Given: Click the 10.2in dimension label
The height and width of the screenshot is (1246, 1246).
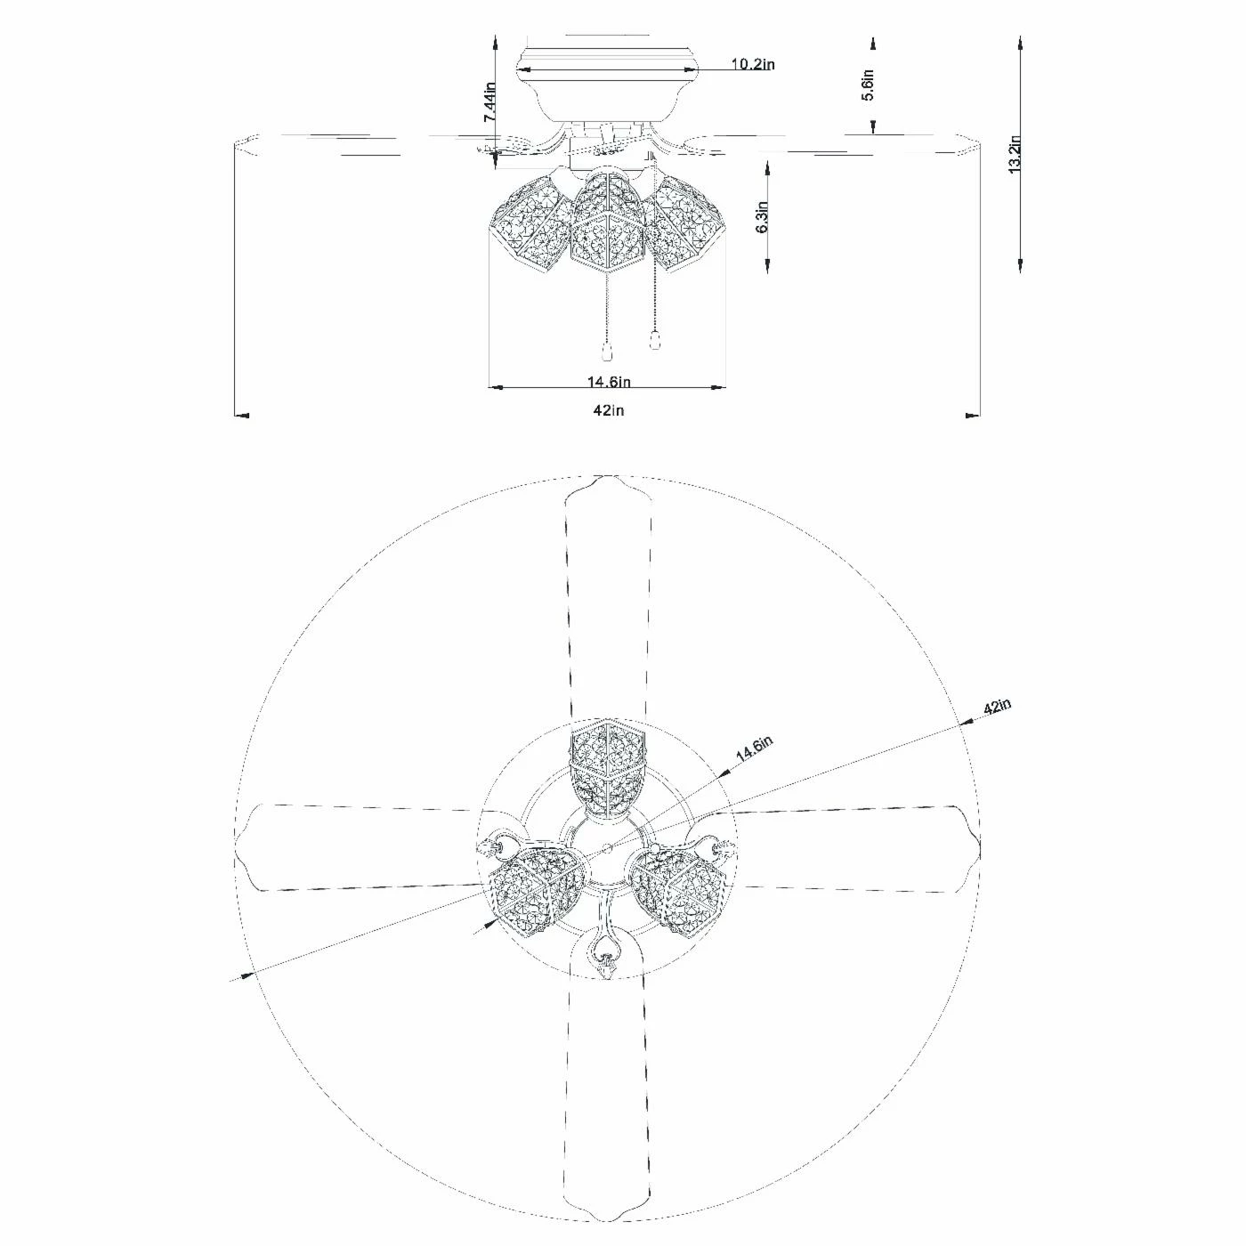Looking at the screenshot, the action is [753, 64].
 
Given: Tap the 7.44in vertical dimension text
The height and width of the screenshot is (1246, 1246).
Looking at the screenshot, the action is [490, 102].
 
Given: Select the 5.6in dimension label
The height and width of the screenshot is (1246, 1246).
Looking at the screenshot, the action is [868, 85].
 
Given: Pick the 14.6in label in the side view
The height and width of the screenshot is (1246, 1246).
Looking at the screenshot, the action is [609, 382].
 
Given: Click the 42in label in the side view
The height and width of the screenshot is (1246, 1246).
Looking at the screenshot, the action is [609, 410].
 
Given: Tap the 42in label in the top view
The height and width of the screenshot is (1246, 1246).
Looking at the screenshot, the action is [997, 706].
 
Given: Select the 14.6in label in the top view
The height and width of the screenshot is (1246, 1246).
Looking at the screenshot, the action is [754, 750].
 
